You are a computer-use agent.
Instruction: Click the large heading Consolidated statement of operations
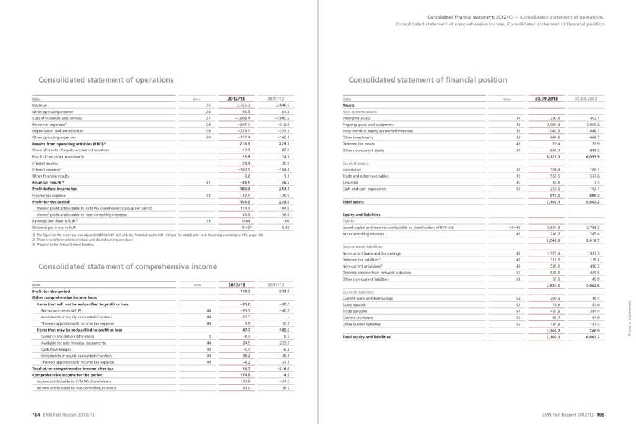[106, 80]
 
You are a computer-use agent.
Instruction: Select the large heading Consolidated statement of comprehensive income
[127, 266]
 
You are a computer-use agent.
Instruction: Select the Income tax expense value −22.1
[242, 195]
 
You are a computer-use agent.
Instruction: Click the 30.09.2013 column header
[547, 99]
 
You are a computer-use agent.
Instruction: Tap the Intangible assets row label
[357, 118]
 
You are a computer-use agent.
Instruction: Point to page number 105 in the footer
[600, 413]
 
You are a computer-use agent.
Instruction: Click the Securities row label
[352, 182]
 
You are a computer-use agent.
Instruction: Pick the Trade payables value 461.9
[553, 317]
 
